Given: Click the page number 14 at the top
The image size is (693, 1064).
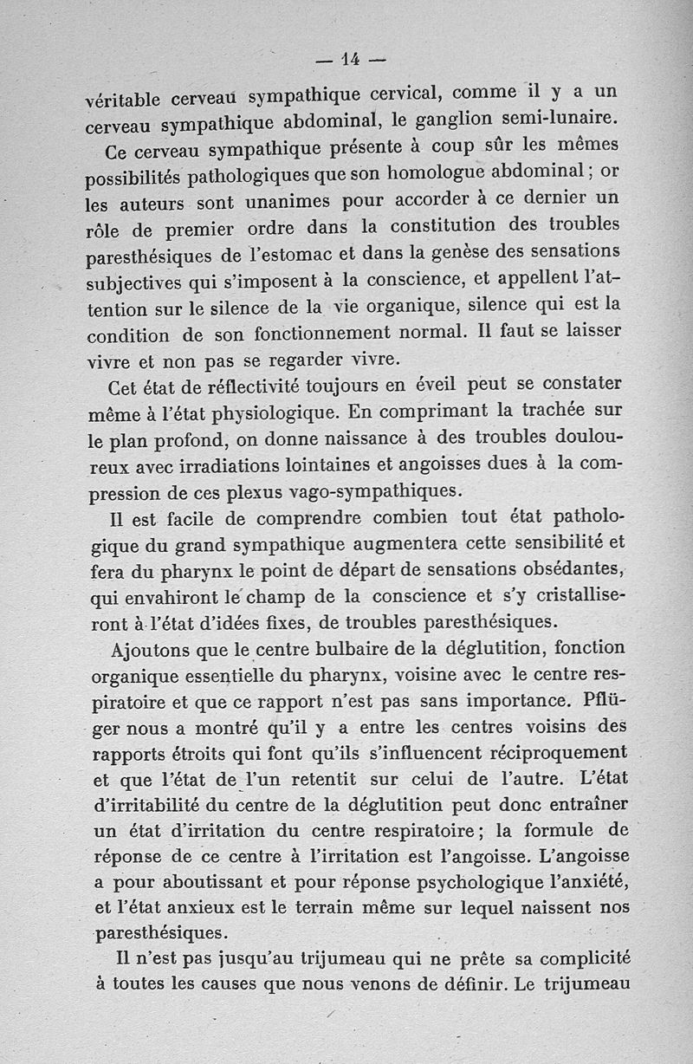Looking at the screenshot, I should tap(350, 60).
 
